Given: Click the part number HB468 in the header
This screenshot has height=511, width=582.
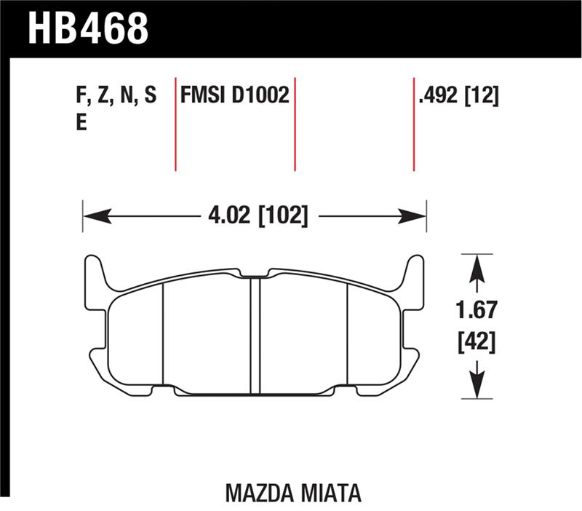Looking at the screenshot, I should [x=88, y=27].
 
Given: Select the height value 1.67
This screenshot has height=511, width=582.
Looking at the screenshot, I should [x=477, y=311].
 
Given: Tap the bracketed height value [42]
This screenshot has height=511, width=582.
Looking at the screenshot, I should [x=477, y=340].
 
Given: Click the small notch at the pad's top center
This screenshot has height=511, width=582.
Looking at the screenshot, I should [x=255, y=275].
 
